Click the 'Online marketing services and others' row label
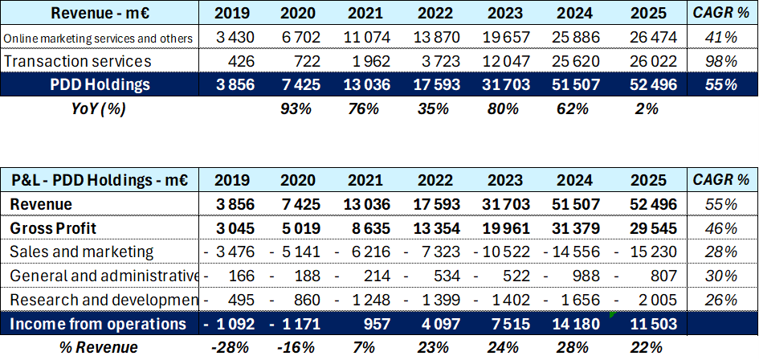point(98,38)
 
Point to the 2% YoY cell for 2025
point(645,108)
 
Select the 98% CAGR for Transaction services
point(720,61)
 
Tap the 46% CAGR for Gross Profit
point(720,227)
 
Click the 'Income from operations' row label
point(98,324)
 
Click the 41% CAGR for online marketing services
point(720,38)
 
